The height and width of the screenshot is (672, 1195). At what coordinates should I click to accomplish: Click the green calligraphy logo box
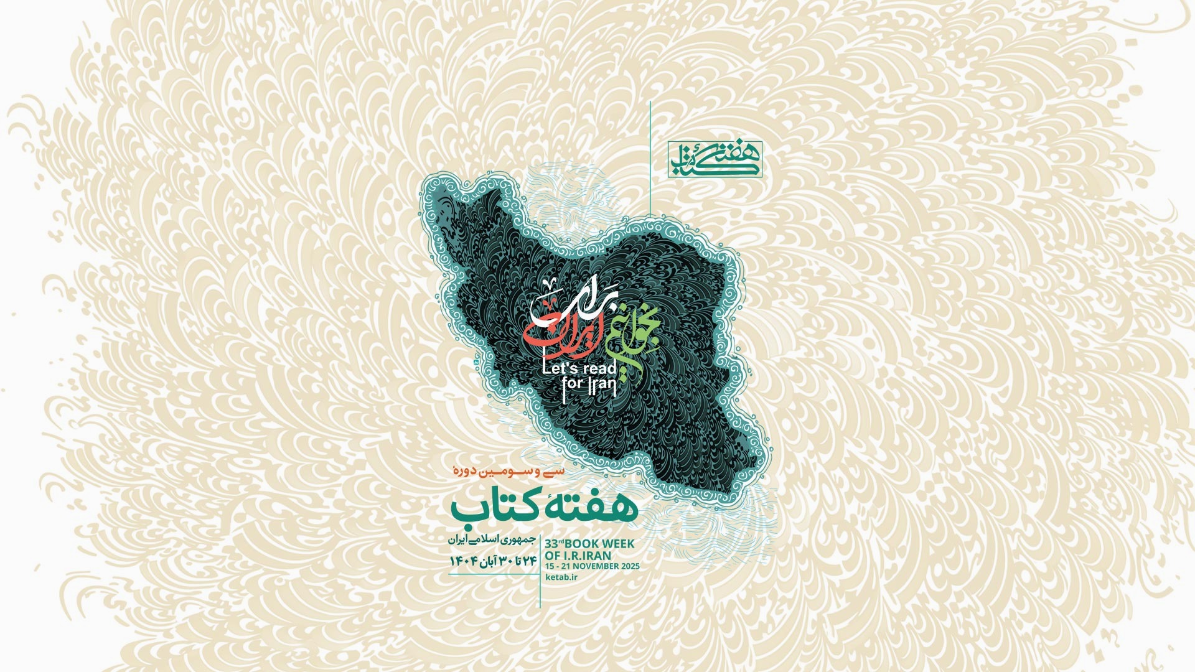[715, 159]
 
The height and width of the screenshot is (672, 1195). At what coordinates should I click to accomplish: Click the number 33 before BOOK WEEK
[551, 544]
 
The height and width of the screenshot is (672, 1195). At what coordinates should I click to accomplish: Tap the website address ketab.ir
[561, 577]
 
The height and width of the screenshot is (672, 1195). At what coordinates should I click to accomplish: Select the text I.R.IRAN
[588, 556]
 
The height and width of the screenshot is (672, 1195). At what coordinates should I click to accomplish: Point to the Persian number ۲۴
[528, 561]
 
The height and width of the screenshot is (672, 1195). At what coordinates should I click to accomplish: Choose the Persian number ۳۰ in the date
[505, 561]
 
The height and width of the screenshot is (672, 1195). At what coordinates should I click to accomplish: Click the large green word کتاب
[491, 508]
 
